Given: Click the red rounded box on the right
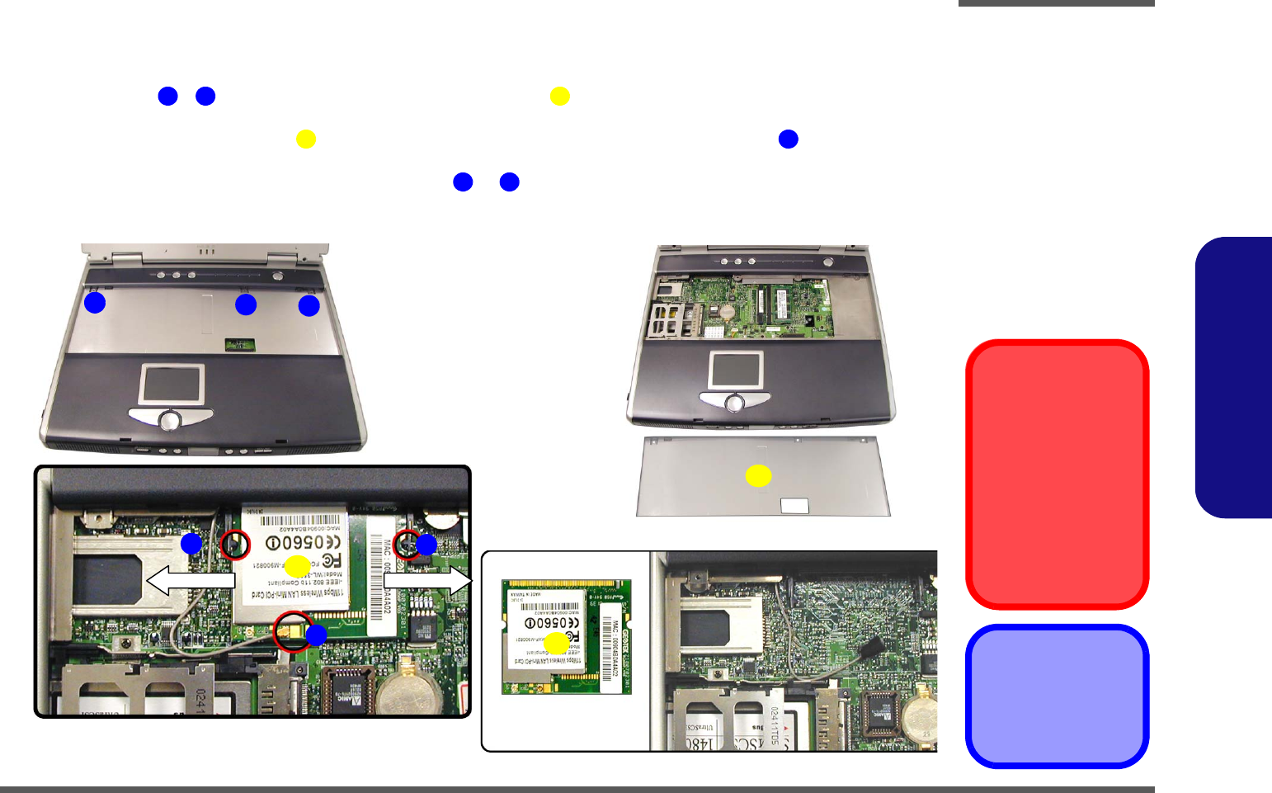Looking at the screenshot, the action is coord(1057,474).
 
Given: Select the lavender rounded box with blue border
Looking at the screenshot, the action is coord(1057,696).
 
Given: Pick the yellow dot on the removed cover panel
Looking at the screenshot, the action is coord(758,475).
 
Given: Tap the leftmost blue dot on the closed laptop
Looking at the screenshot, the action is coord(95,303).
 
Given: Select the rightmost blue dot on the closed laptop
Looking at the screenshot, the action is coord(309,305).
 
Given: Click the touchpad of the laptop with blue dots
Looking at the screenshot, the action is coord(172,384).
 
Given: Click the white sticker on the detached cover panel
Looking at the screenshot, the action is coord(794,505).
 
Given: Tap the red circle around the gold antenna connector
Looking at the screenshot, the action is coord(293,631).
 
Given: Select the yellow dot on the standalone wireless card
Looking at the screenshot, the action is coord(557,644).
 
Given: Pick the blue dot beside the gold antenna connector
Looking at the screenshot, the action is coord(316,635).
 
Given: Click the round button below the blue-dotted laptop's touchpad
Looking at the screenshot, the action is coord(170,419).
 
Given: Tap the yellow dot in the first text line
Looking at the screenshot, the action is coord(559,97).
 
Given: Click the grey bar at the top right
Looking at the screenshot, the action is coord(1056,3).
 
